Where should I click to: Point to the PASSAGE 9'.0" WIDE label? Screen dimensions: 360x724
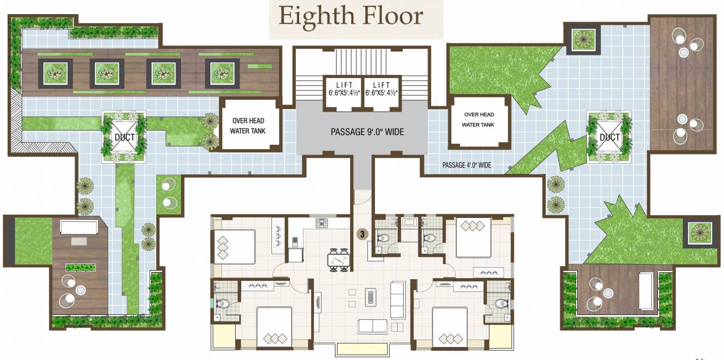point(367,132)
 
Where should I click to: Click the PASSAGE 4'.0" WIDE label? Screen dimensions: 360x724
point(467,165)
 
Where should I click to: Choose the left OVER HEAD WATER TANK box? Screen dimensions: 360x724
point(250,126)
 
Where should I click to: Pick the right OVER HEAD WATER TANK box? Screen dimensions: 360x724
point(479,120)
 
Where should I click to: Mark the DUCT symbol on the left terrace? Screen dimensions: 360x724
point(124,137)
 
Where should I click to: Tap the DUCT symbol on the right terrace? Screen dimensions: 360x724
point(609,137)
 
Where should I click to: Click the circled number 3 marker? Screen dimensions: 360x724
point(362,234)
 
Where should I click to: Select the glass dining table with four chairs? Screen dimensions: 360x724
point(339,260)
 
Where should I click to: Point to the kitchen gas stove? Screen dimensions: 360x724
point(323,222)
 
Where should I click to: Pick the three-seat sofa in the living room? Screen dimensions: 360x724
point(398,300)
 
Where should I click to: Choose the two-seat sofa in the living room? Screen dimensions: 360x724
point(372,326)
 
